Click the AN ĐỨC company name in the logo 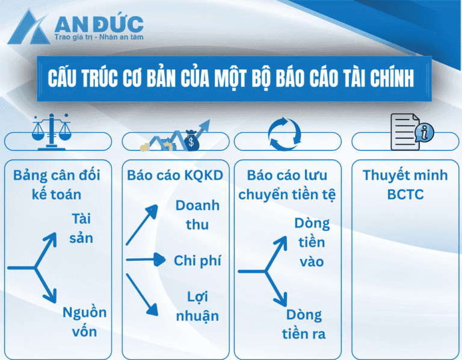(x=99, y=24)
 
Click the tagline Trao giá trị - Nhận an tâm (x=99, y=37)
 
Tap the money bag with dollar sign (x=192, y=142)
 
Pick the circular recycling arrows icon (x=284, y=133)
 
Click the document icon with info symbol (x=411, y=132)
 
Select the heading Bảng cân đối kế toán (x=57, y=185)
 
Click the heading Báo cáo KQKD (x=175, y=175)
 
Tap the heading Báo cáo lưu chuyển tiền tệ (x=287, y=185)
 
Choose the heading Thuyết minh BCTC (x=405, y=185)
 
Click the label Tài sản (x=81, y=228)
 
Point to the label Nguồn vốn (x=84, y=322)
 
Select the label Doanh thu (x=197, y=215)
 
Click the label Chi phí (x=197, y=261)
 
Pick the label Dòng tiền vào (x=312, y=242)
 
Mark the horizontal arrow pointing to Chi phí (x=146, y=260)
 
